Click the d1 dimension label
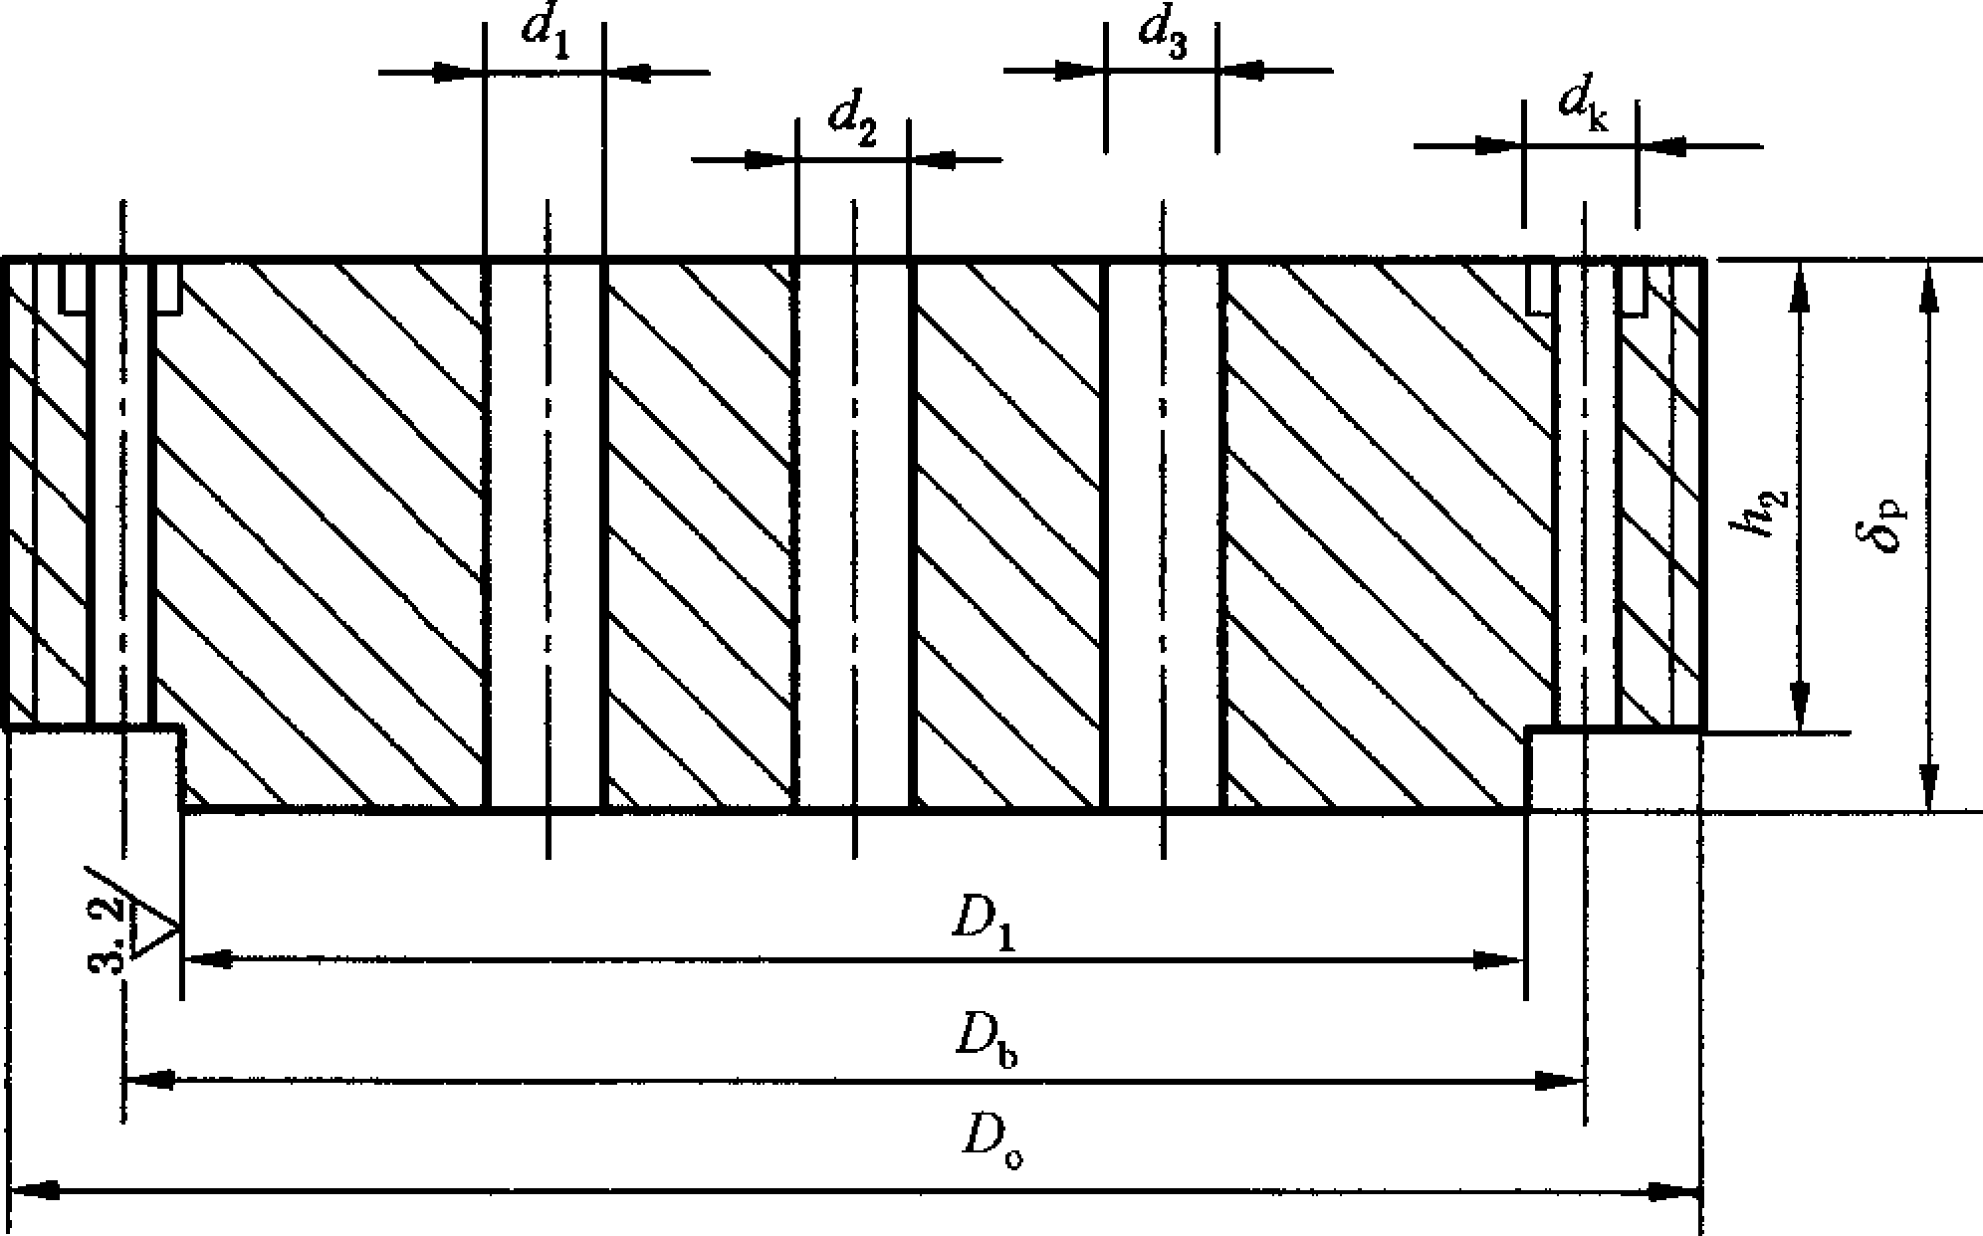pos(545,36)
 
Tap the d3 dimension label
pos(1164,36)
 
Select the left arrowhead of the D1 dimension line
pos(209,959)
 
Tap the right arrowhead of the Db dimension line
pos(1559,1080)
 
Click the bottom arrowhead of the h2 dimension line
pos(1798,707)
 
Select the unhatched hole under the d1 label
pos(545,535)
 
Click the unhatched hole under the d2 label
pos(853,535)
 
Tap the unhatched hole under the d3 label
pos(1164,535)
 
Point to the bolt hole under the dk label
pos(1585,495)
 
